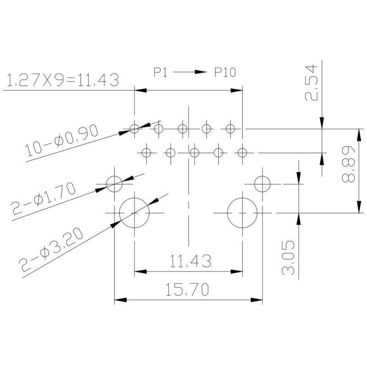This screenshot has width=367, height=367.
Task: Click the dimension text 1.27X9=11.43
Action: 62,80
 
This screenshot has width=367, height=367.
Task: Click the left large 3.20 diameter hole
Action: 134,213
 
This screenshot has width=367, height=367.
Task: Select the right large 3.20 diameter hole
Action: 242,213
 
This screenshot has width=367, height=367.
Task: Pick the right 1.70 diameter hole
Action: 262,183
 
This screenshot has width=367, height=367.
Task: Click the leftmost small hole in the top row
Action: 134,128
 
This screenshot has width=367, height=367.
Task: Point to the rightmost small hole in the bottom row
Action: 242,152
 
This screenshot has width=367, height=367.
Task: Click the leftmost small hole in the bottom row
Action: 146,152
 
